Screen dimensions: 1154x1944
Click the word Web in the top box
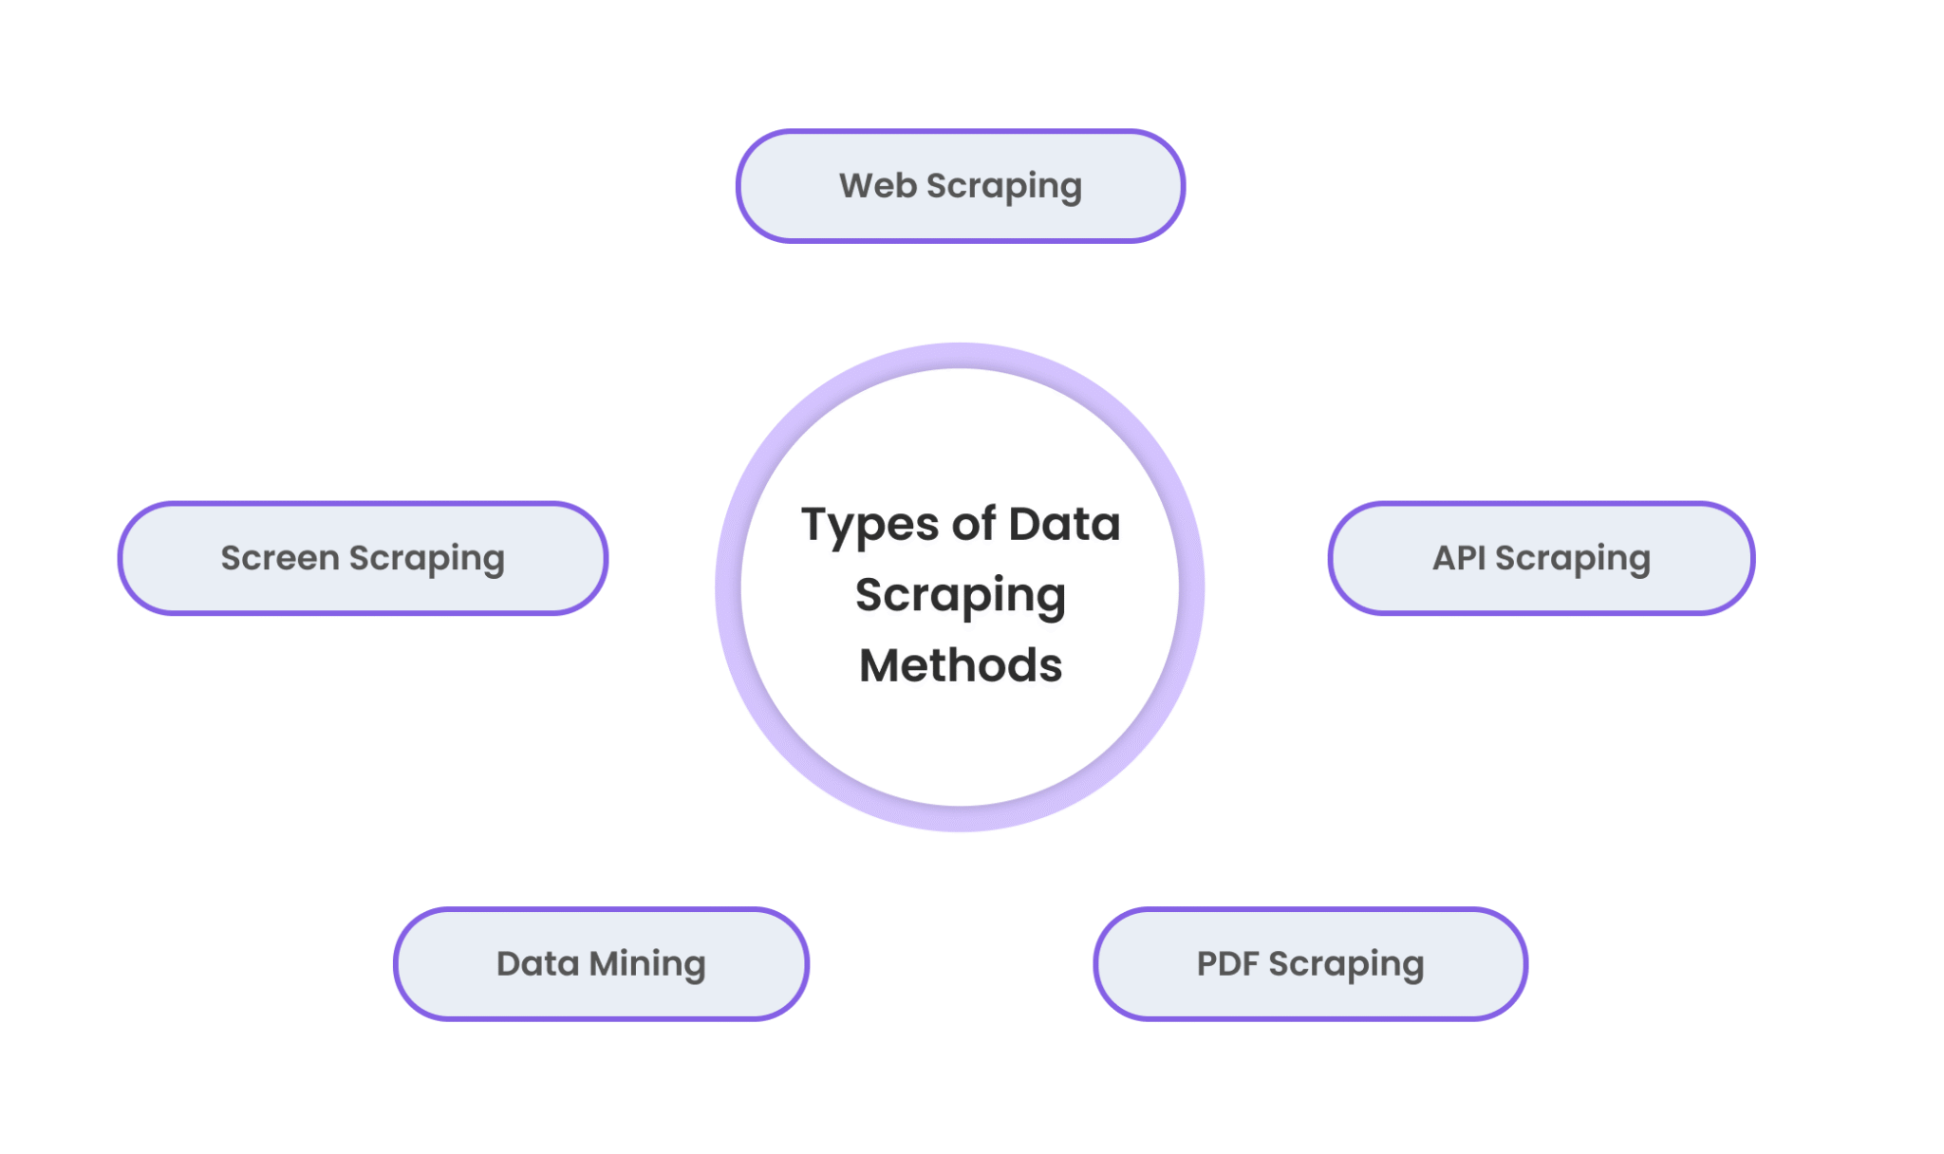coord(877,186)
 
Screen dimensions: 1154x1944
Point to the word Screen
coord(279,558)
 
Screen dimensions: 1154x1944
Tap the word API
coord(1459,558)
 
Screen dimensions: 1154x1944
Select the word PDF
coord(1227,964)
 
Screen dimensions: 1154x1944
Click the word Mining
coord(647,964)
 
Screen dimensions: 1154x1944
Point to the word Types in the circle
coord(869,526)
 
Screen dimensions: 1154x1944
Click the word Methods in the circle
coord(961,665)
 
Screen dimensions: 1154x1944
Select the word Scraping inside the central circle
coord(961,596)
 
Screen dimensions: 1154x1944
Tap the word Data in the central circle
coord(1064,524)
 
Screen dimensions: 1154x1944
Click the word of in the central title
coord(974,524)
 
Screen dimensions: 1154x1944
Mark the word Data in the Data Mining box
coord(537,964)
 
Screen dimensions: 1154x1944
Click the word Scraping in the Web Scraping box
coord(1003,187)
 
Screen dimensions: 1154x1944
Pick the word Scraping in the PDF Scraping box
coord(1346,965)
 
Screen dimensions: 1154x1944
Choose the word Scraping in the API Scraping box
coord(1572,559)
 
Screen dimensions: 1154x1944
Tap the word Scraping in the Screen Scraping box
coord(426,559)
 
